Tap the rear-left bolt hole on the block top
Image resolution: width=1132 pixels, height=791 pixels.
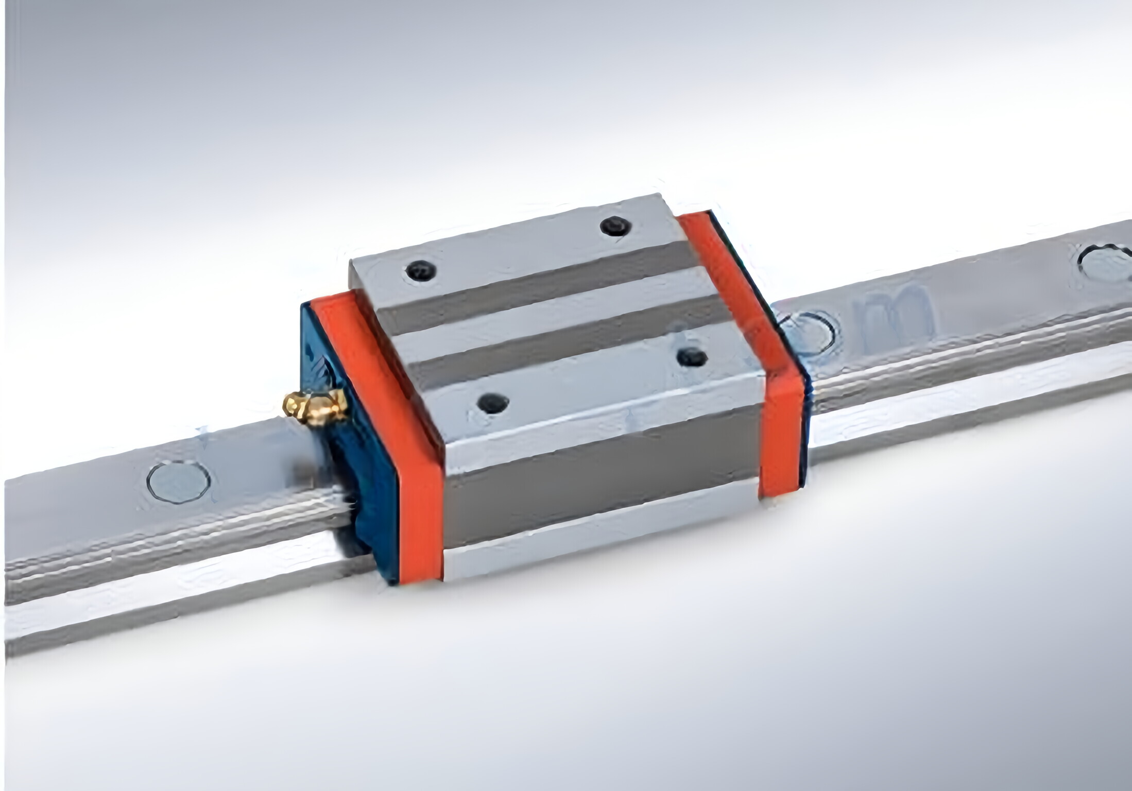click(421, 270)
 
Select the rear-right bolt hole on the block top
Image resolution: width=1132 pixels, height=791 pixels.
click(615, 226)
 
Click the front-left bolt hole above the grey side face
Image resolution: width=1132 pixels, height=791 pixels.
click(493, 403)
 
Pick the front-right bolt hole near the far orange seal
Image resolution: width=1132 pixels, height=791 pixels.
click(692, 357)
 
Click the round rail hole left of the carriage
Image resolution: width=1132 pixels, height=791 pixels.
click(178, 481)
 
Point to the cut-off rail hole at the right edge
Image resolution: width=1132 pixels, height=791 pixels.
click(1107, 263)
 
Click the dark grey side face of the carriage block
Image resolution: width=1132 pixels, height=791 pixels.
click(603, 494)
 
